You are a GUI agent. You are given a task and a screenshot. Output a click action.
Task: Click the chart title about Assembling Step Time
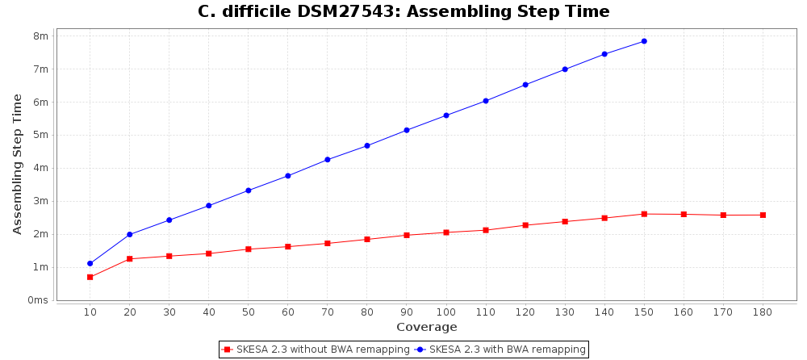point(403,11)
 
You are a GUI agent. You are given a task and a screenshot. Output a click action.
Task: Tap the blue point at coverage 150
point(644,41)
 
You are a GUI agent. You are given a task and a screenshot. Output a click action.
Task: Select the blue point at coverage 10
point(90,263)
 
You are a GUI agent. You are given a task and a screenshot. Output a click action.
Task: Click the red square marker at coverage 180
point(763,215)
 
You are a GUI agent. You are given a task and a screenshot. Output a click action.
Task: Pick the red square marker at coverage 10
point(90,277)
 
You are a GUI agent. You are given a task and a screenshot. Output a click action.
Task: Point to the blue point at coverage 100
point(446,115)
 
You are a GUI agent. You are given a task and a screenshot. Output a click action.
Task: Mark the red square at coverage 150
point(644,214)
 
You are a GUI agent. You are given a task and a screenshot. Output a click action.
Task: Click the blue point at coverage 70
point(328,160)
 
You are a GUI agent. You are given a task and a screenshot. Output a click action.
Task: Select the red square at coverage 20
point(129,259)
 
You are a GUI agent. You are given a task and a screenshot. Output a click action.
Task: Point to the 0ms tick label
point(37,300)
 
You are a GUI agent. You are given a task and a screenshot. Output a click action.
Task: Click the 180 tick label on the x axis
point(763,312)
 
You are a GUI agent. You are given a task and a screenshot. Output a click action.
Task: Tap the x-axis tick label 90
point(407,312)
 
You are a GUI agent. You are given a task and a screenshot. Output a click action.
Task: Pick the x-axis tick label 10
point(90,312)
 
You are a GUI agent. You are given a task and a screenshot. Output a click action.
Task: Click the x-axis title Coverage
point(426,327)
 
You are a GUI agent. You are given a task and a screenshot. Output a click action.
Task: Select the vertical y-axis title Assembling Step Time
point(18,164)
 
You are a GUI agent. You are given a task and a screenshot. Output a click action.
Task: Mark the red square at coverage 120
point(525,225)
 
